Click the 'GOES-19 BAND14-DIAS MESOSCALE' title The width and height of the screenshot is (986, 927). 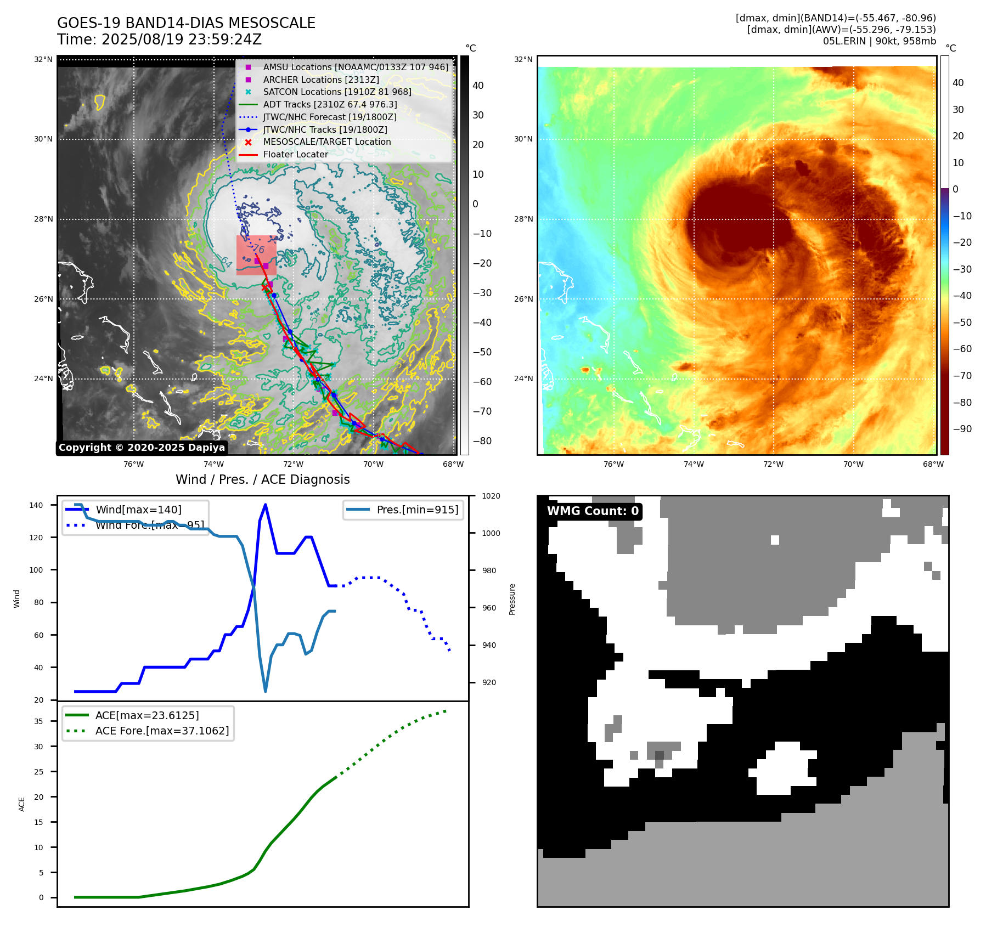pos(186,23)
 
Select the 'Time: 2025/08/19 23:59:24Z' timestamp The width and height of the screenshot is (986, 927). pos(159,39)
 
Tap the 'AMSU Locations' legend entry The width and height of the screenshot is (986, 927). pos(355,67)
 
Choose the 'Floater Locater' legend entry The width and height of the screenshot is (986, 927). pos(295,154)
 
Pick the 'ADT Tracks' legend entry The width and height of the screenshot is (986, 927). pos(330,104)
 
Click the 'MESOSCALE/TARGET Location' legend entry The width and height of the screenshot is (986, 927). pos(326,142)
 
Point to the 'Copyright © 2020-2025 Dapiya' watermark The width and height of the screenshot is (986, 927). pos(142,448)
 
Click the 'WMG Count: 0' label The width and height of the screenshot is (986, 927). pos(593,511)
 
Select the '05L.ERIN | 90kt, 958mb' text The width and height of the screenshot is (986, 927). pos(879,41)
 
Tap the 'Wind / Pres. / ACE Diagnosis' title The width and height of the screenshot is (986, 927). pos(262,479)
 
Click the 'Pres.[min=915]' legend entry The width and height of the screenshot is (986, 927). pos(417,510)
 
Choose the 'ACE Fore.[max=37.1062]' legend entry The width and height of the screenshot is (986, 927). pos(162,731)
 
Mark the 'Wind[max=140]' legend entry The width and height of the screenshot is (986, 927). pos(138,510)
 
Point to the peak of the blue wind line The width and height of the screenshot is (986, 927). pos(266,505)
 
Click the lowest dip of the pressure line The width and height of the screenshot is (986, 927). pos(266,691)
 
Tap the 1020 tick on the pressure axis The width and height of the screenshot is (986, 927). pos(491,496)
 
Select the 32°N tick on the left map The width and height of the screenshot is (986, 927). pos(43,59)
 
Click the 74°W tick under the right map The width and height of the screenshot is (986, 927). pos(693,464)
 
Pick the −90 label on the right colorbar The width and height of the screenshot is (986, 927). pos(962,429)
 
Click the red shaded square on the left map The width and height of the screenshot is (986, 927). pos(256,255)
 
